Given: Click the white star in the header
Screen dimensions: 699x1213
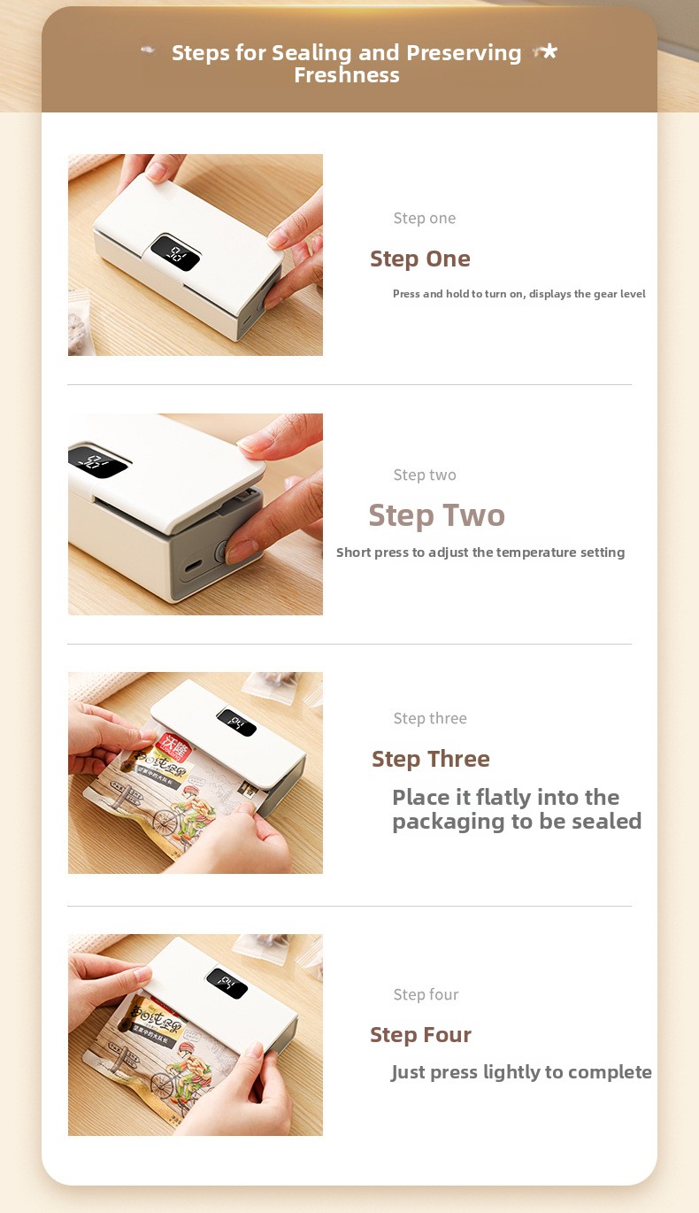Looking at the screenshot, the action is (x=549, y=51).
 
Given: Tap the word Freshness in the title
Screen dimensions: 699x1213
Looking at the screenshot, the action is (x=347, y=74).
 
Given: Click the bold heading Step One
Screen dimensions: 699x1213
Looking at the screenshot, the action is (x=419, y=259).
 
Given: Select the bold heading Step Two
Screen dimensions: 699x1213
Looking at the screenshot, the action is (x=436, y=515).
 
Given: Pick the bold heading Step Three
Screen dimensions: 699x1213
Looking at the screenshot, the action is (x=431, y=759).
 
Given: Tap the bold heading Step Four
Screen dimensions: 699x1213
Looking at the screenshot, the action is (x=420, y=1035).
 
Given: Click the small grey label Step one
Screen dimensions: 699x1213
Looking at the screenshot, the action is (x=424, y=218).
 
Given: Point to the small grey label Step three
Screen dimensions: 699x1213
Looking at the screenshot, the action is (x=430, y=719).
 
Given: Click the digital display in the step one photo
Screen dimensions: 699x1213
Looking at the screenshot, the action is (x=175, y=253).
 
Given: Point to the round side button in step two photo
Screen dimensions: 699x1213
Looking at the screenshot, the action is (x=221, y=552).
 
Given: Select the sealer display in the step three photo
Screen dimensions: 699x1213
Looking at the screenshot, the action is (x=236, y=722).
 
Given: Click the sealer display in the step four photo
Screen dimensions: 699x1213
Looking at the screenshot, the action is (x=227, y=984).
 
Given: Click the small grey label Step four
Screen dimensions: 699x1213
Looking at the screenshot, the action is (x=426, y=995).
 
